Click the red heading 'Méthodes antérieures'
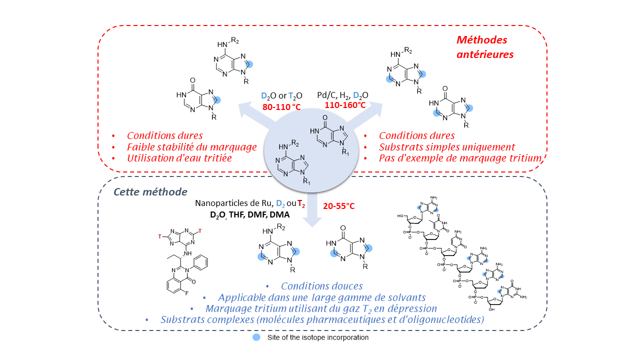[484, 47]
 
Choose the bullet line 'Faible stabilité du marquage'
[191, 147]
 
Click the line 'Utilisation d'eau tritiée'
[179, 158]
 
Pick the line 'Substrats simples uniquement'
[446, 147]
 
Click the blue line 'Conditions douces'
[321, 286]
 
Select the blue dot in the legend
[256, 337]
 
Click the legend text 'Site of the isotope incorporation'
[317, 337]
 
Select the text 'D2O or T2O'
[281, 95]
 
